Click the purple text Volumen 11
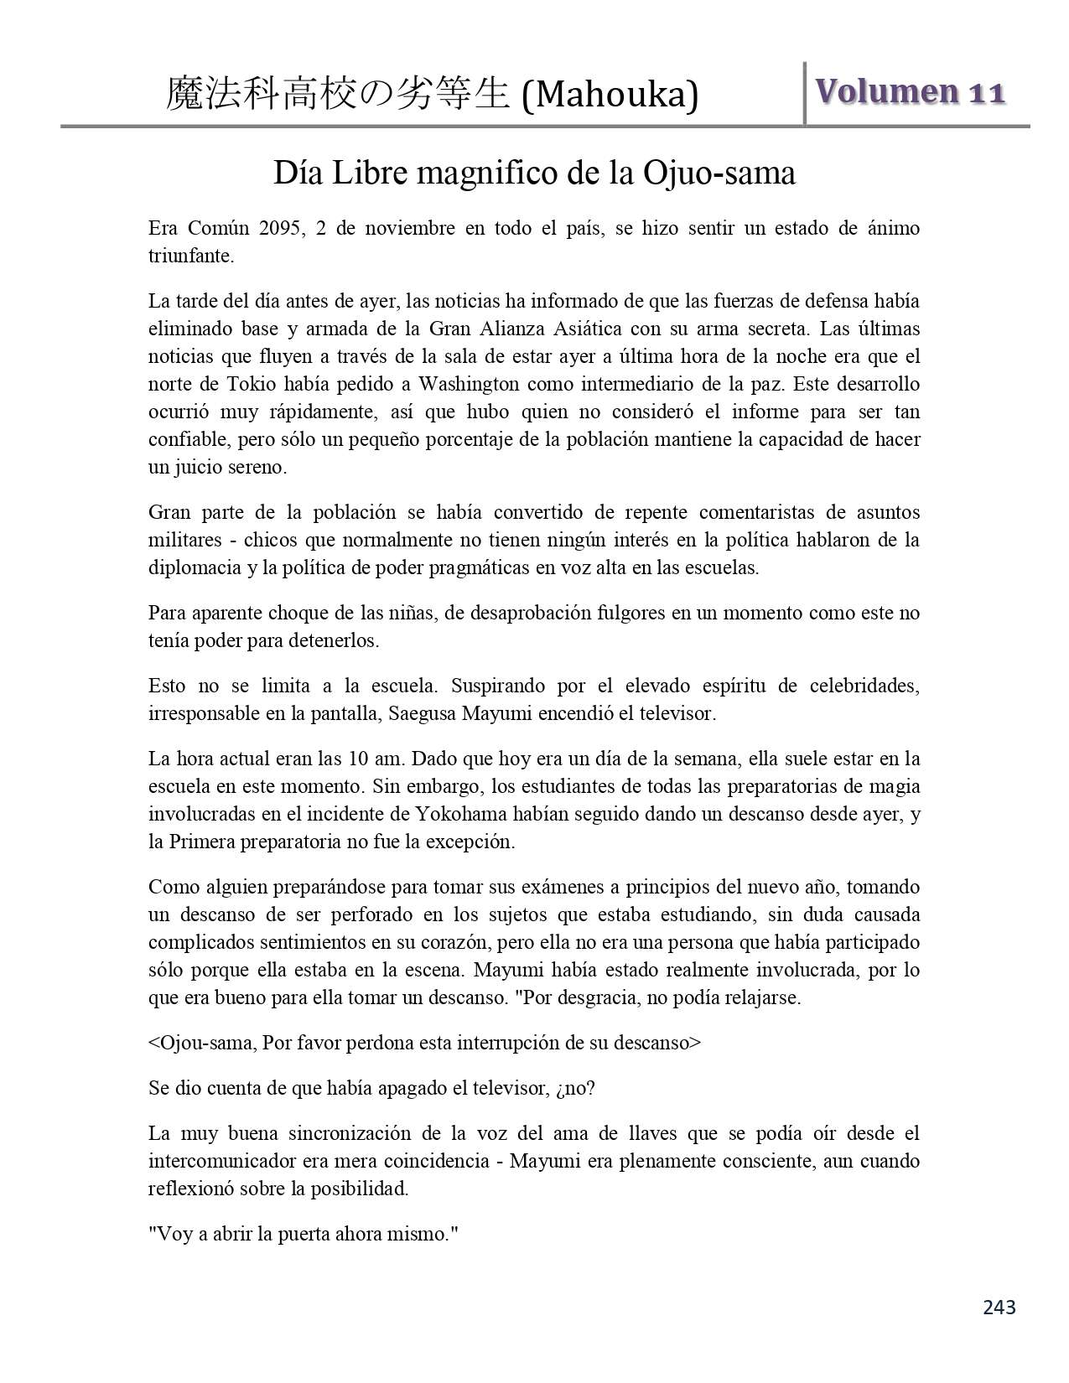(910, 91)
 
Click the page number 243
(999, 1307)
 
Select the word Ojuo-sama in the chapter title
(719, 174)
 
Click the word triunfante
(190, 256)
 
